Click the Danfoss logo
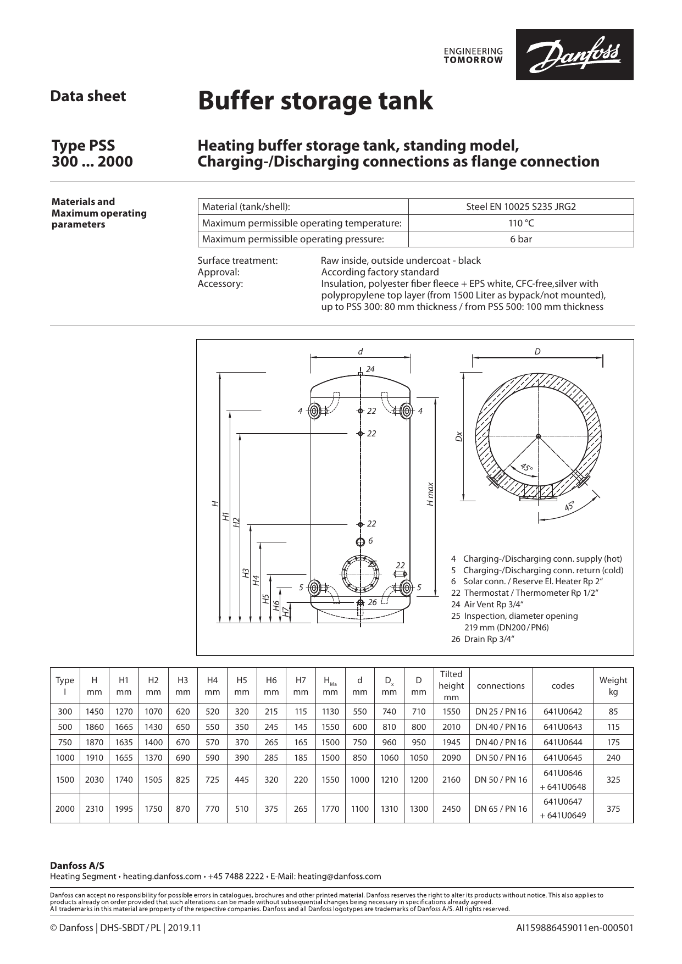[574, 54]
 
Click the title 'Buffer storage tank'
[315, 101]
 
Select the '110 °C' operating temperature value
[520, 223]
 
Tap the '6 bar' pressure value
[520, 239]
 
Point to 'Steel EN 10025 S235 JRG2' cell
[520, 207]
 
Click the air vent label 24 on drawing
[370, 369]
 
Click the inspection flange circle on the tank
[360, 573]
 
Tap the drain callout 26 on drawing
[372, 602]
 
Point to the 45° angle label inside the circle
[526, 468]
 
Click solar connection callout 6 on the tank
[370, 541]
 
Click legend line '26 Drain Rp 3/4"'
[483, 639]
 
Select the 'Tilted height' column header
[451, 685]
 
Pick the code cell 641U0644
[562, 742]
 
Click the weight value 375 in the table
[613, 808]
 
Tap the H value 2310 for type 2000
[95, 808]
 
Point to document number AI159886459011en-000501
[574, 928]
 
